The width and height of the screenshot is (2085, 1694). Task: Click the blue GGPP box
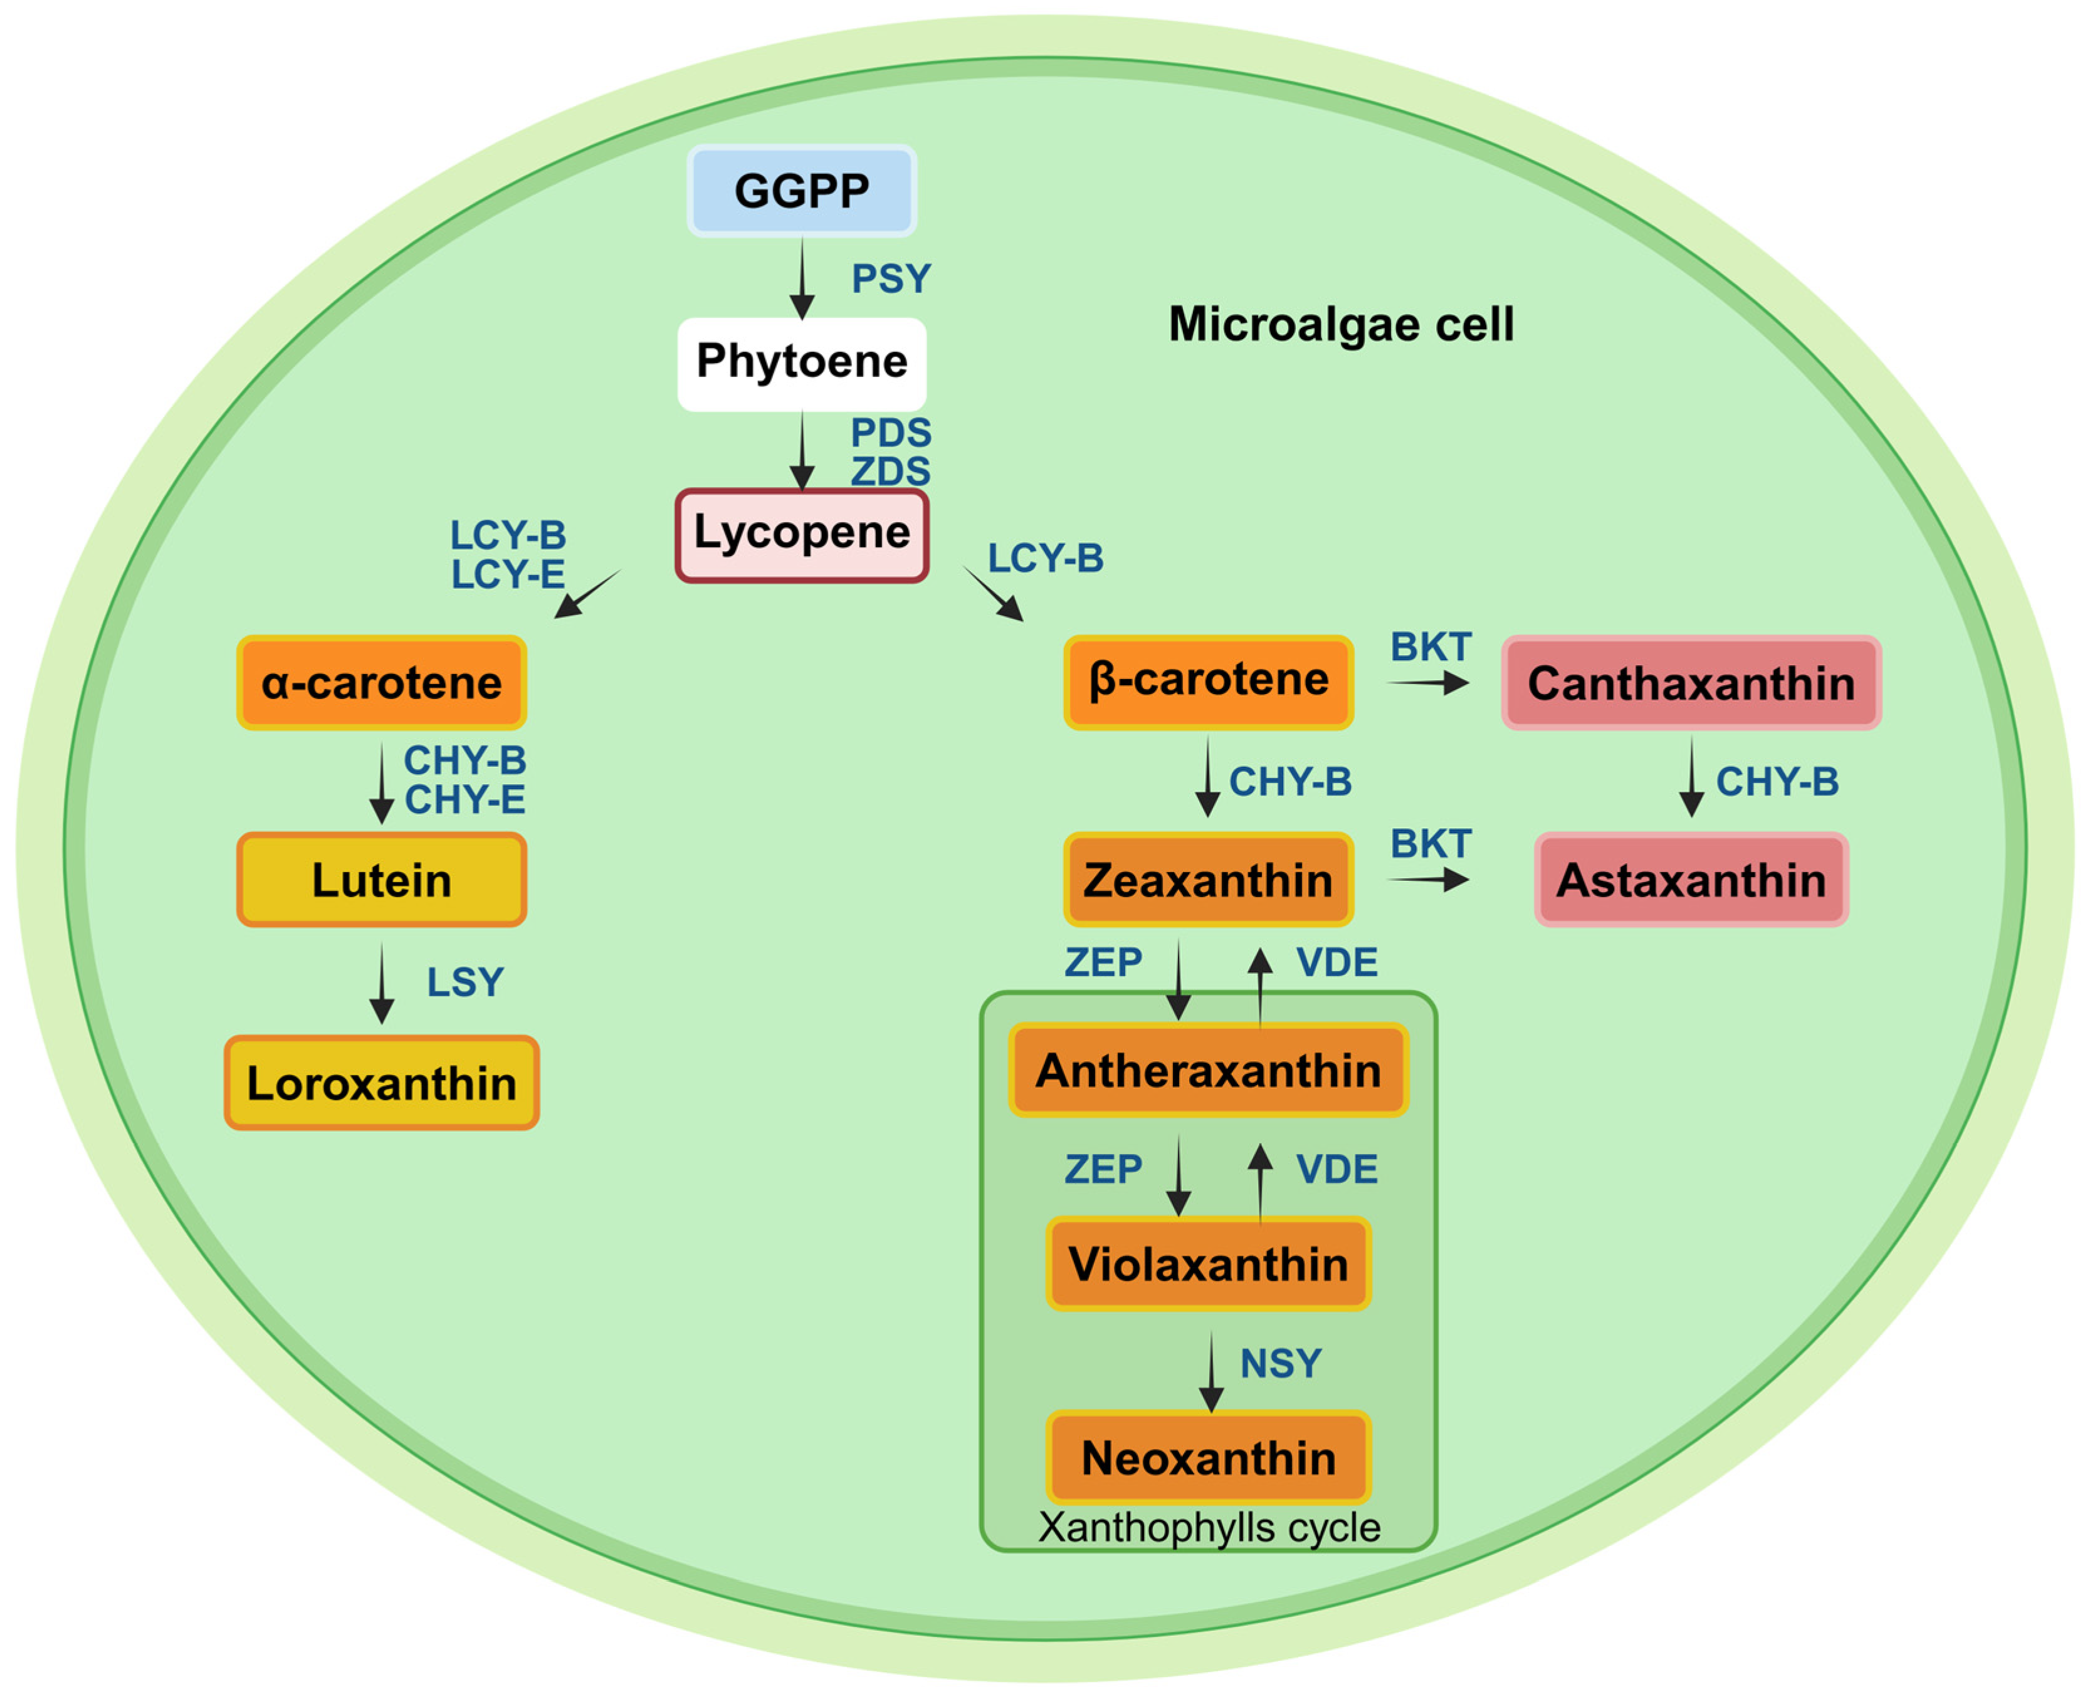pyautogui.click(x=801, y=191)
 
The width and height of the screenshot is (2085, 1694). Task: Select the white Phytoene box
pyautogui.click(x=801, y=363)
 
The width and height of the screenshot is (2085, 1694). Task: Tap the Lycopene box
pyautogui.click(x=801, y=535)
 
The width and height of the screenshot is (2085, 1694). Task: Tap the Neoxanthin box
pyautogui.click(x=1208, y=1458)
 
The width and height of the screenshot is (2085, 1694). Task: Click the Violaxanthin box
pyautogui.click(x=1208, y=1265)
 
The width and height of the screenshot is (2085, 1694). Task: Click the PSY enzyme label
pyautogui.click(x=891, y=279)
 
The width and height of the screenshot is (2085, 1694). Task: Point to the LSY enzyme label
pyautogui.click(x=465, y=982)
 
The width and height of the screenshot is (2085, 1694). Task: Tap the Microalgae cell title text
pyautogui.click(x=1340, y=324)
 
